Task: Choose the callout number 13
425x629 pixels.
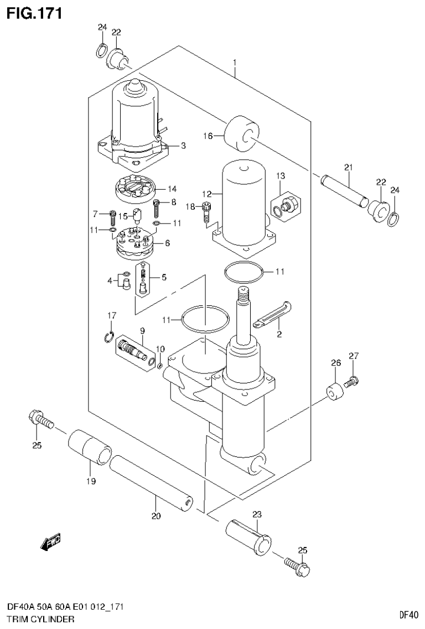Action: [x=281, y=176]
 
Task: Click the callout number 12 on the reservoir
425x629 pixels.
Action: [x=207, y=194]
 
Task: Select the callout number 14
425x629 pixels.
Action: [x=172, y=189]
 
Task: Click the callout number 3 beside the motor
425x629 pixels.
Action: [x=183, y=145]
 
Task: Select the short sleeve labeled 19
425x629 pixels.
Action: [x=90, y=446]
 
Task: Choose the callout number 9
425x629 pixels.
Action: [x=142, y=331]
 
